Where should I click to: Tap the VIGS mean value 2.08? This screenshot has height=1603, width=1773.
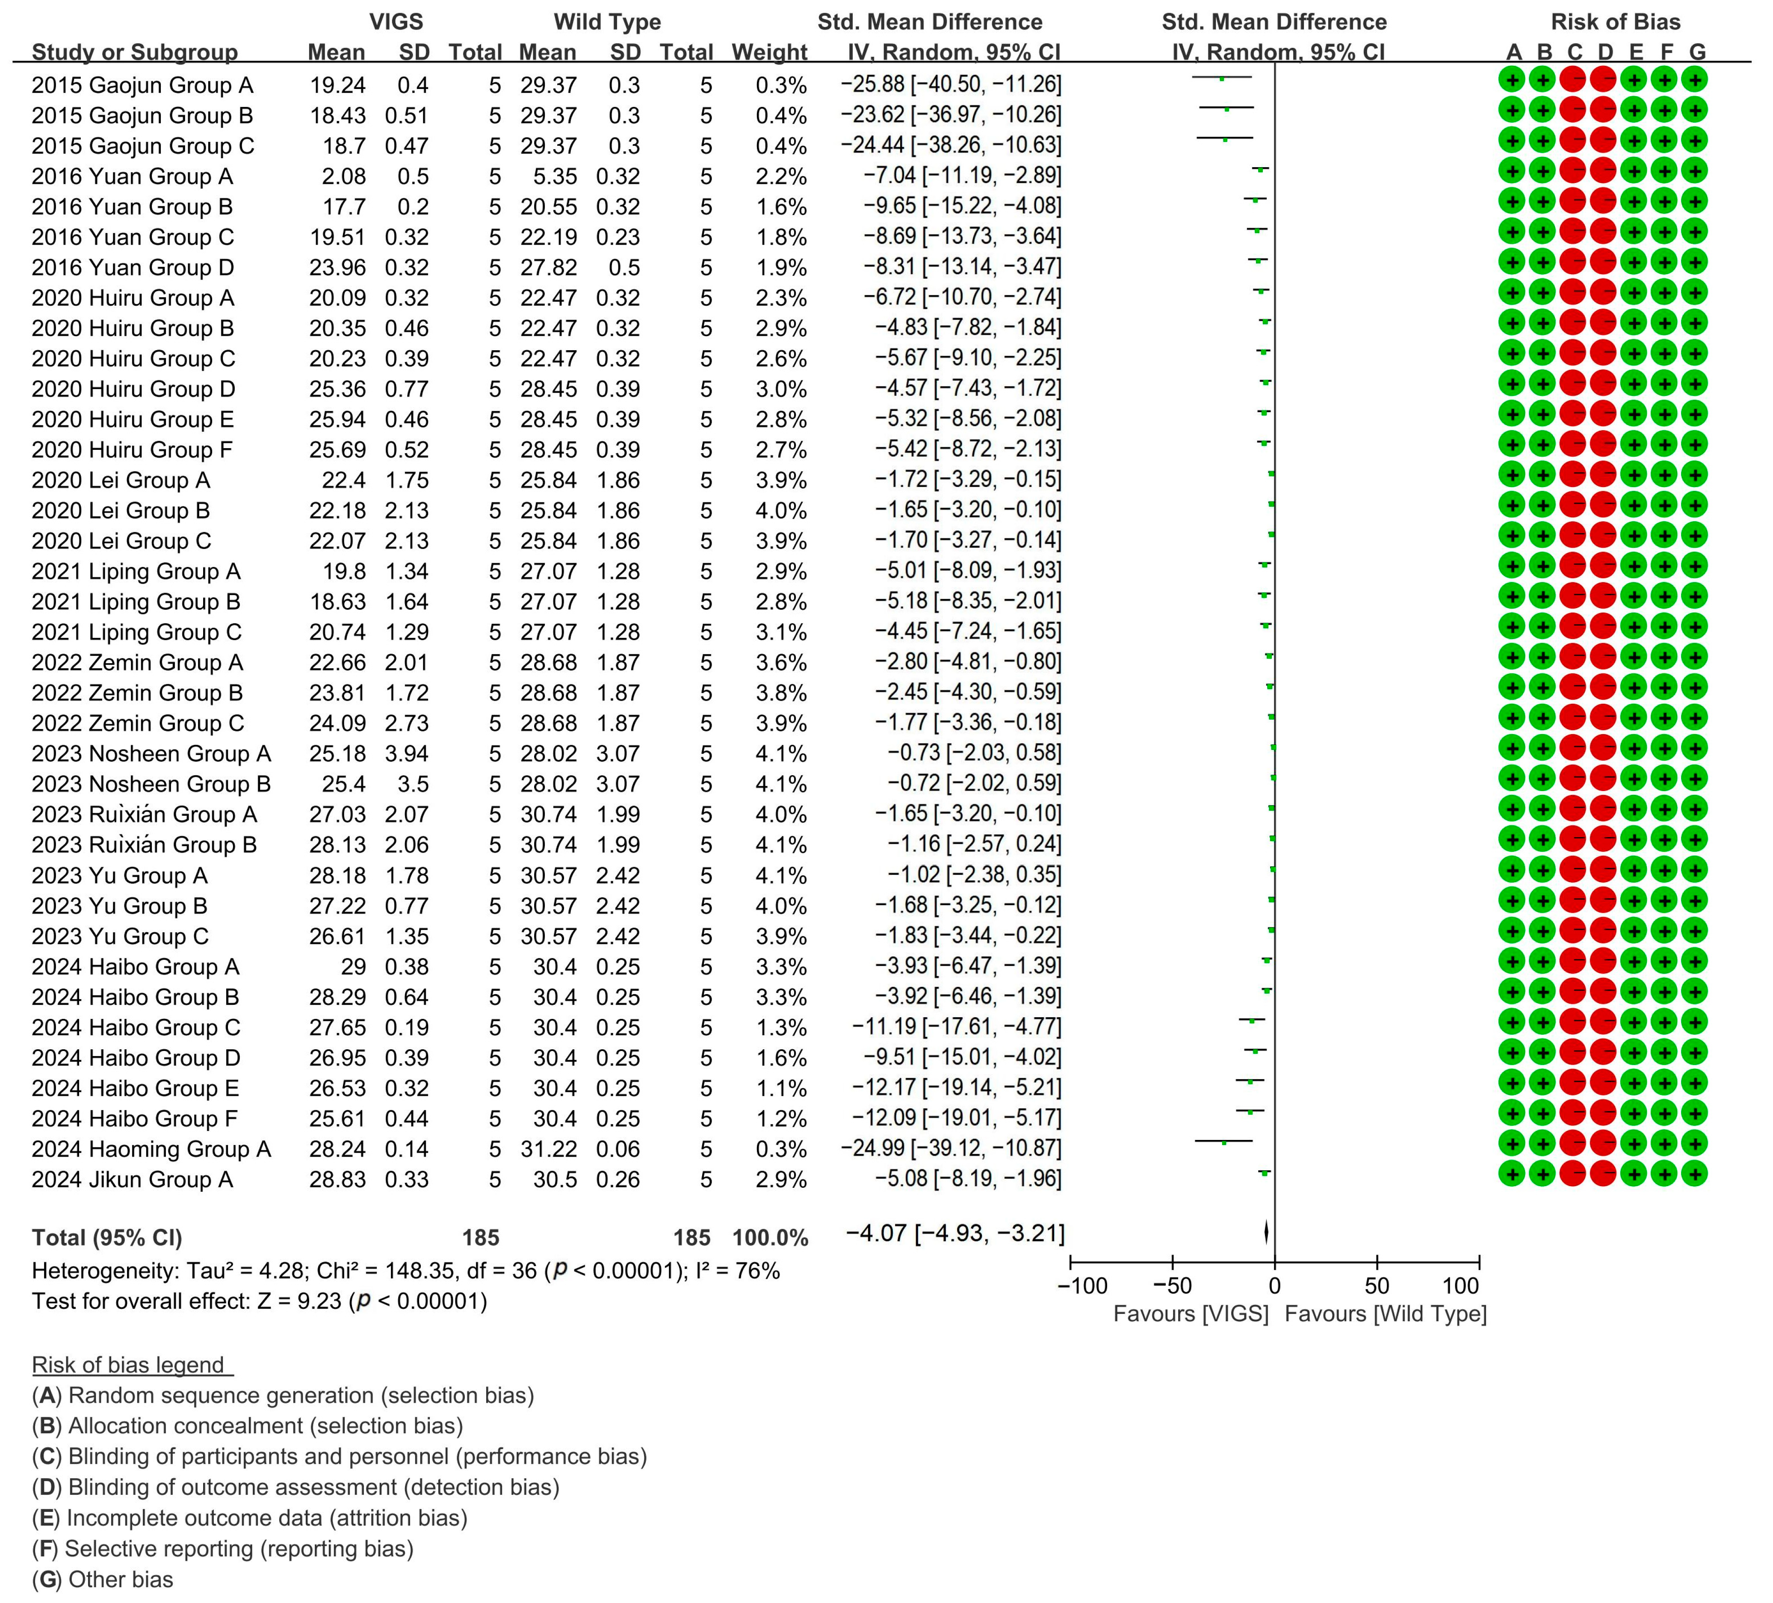coord(344,177)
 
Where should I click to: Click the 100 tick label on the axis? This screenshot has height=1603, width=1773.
coord(1461,1286)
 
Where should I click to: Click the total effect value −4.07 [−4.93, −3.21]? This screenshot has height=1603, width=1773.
coord(954,1233)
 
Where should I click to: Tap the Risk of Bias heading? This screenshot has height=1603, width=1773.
coord(1616,22)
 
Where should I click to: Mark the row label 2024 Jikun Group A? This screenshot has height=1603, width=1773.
coord(132,1179)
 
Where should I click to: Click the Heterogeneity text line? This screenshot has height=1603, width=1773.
coord(405,1271)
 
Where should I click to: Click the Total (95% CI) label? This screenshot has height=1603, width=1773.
coord(106,1238)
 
